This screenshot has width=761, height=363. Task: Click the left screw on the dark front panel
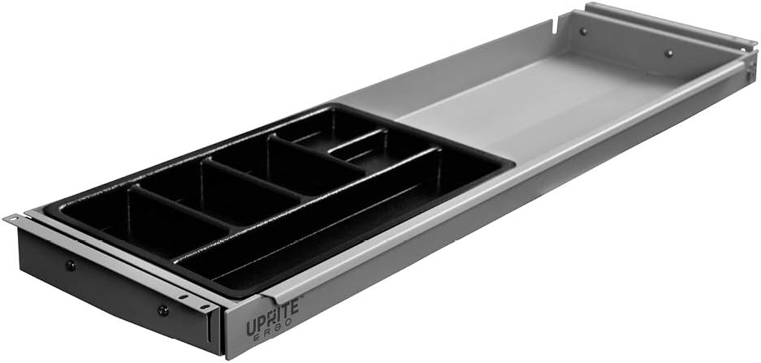point(71,265)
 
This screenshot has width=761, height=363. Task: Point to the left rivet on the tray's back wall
point(582,32)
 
